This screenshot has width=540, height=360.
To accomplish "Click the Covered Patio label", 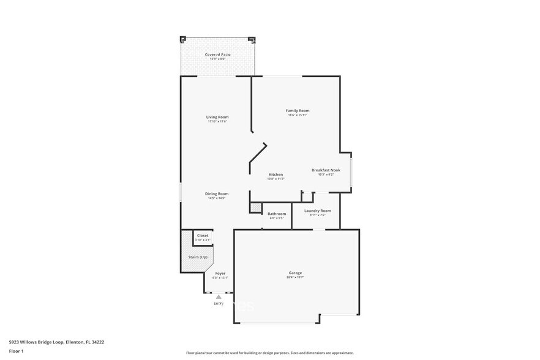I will (217, 55).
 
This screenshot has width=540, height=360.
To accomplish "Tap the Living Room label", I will (217, 117).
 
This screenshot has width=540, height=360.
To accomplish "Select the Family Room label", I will (297, 110).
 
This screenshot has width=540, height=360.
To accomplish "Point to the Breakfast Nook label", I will (326, 170).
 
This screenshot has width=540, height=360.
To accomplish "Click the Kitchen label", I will (276, 174).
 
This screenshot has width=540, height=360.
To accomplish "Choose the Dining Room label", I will (217, 193).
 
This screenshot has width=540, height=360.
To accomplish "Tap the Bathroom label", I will (277, 214).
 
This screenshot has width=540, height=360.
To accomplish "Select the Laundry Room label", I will (317, 211).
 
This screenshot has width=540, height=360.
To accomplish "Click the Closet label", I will (203, 235).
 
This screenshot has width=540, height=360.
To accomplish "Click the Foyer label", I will (220, 273).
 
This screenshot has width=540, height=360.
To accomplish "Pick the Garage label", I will (295, 272).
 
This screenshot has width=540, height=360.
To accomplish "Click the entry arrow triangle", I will (219, 296).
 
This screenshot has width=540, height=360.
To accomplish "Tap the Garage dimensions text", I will (295, 277).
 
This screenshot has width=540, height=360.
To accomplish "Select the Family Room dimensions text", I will (297, 114).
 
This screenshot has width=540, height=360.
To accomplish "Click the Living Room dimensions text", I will (217, 121).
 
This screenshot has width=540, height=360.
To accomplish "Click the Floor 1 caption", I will (17, 351).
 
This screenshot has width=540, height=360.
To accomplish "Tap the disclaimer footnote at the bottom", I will (269, 353).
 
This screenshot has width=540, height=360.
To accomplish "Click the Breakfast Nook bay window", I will (351, 172).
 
